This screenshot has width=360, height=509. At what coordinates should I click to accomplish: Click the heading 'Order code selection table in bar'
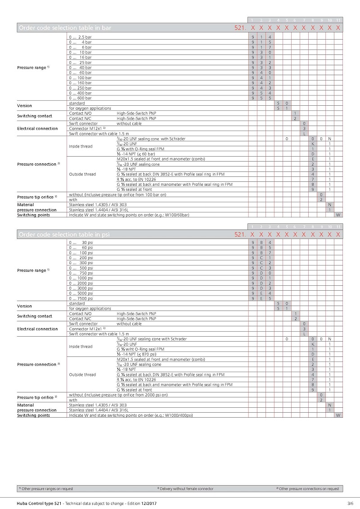[x=64, y=28]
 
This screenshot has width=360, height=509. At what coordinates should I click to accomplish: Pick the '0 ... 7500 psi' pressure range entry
[x=81, y=298]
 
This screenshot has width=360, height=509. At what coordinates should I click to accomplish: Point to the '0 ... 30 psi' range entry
[x=81, y=243]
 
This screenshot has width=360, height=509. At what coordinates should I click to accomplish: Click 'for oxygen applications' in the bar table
[x=90, y=108]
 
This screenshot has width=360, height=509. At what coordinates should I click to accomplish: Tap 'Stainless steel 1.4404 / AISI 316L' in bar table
[x=99, y=210]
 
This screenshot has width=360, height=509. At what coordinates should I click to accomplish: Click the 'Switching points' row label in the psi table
[x=34, y=415]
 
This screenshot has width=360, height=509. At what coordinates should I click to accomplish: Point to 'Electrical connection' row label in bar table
[x=37, y=129]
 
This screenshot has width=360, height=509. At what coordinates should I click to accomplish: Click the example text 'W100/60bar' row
[x=129, y=215]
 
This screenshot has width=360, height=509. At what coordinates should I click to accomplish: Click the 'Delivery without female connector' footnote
[x=186, y=488]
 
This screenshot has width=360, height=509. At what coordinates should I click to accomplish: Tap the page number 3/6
[x=350, y=503]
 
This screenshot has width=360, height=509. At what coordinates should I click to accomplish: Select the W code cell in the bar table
[x=338, y=215]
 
